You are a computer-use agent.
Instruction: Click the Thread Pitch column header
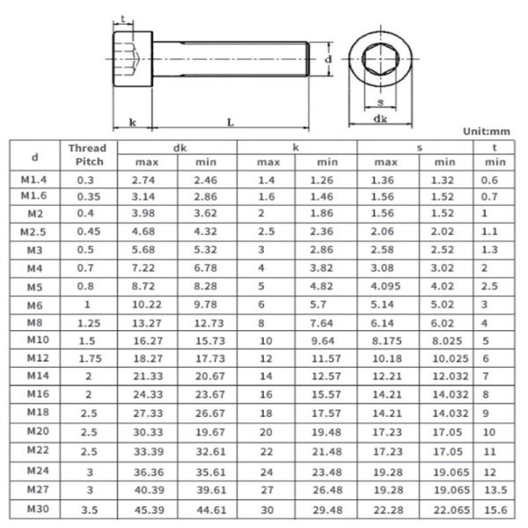click(87, 155)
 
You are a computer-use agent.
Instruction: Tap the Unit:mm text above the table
click(486, 131)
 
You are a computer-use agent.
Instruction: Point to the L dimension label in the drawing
click(230, 122)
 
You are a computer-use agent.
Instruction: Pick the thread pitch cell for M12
click(87, 359)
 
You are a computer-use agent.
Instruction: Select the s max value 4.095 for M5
click(385, 286)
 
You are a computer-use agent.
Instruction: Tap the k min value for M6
click(327, 304)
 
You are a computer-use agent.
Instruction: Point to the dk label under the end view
click(380, 118)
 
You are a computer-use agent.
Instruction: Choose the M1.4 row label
click(34, 180)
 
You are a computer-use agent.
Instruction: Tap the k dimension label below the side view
click(132, 122)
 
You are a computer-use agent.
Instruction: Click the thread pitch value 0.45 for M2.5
click(87, 231)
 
